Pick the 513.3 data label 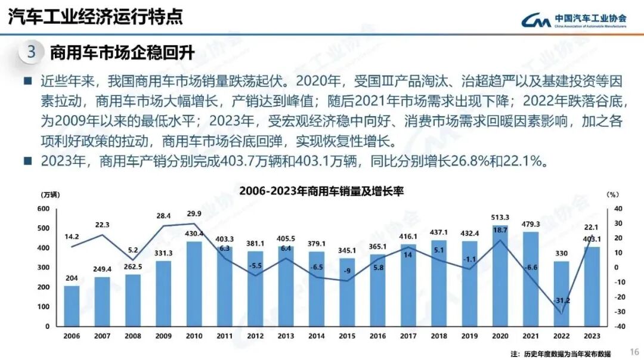click(500, 218)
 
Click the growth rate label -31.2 click(562, 300)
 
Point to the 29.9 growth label click(194, 213)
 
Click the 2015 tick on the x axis click(347, 336)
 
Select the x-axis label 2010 click(194, 336)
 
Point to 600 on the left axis click(42, 209)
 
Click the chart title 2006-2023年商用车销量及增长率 click(321, 191)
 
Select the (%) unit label click(613, 195)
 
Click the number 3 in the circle click(31, 52)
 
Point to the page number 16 click(634, 351)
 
